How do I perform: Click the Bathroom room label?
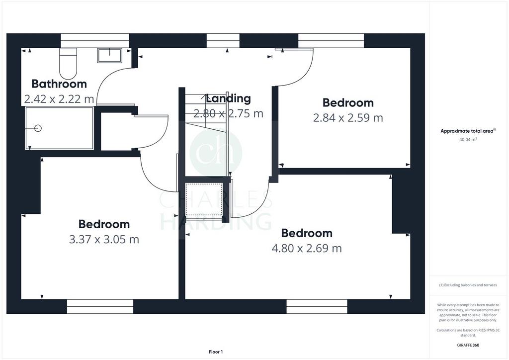coord(59,84)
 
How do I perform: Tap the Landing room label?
coord(229,98)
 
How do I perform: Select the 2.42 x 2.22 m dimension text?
coord(59,98)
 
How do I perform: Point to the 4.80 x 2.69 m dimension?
coord(307,248)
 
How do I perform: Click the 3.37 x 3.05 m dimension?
coord(104,240)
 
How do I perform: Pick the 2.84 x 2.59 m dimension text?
coord(348,118)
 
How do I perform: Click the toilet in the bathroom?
coord(68,64)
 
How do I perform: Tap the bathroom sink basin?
coord(109,56)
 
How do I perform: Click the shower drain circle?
coord(38,128)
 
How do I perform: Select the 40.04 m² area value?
coord(468,140)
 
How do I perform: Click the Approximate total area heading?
coord(468,131)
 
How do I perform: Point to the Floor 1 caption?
coord(216,352)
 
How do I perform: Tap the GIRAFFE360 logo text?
coord(468,345)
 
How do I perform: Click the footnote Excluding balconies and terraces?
coord(468,285)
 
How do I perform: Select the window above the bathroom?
coord(95,41)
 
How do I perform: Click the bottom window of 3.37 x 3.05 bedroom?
coord(100,306)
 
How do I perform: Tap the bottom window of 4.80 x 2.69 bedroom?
coord(317,306)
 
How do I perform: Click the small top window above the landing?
coord(223,41)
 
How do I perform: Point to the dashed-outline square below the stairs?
coord(204,199)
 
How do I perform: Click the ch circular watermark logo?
coord(216,153)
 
